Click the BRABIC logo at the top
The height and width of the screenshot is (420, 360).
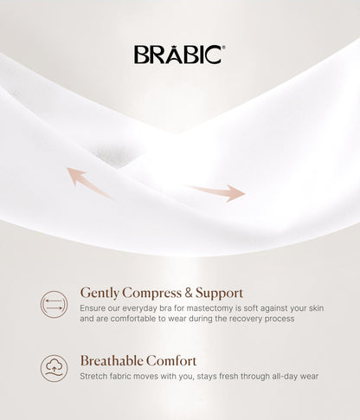pyautogui.click(x=179, y=55)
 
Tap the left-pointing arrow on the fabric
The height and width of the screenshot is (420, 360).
pyautogui.click(x=90, y=180)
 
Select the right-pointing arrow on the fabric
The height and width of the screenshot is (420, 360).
pyautogui.click(x=216, y=191)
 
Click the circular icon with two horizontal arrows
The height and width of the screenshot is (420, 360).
pyautogui.click(x=55, y=304)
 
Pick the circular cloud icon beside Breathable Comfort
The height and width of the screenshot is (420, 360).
pyautogui.click(x=55, y=368)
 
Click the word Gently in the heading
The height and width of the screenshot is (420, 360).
pyautogui.click(x=100, y=293)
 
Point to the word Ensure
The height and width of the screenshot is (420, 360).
pyautogui.click(x=93, y=307)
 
